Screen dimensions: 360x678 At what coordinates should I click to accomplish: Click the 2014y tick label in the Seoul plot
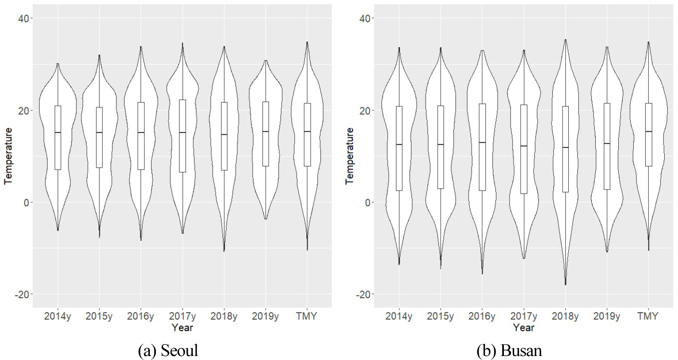[57, 316]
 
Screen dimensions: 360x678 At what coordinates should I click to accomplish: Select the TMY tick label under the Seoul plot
[307, 316]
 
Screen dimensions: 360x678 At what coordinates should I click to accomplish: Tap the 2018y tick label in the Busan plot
[565, 316]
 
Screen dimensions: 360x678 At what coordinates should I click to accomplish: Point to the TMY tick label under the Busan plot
[648, 316]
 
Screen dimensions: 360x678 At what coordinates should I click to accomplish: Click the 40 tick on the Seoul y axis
[22, 18]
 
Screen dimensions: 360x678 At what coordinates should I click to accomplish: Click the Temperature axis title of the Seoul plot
[8, 156]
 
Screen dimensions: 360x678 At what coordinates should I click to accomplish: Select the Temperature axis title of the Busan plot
[350, 156]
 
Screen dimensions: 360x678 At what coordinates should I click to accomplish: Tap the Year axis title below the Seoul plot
[182, 327]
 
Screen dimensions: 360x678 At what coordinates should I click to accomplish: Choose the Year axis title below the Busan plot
[524, 327]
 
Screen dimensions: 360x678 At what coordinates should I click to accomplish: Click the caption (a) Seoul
[168, 350]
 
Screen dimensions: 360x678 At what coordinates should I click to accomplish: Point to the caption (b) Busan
[509, 350]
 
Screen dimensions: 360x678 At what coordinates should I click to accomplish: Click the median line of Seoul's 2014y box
[58, 133]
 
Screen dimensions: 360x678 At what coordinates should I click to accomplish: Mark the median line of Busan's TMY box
[648, 132]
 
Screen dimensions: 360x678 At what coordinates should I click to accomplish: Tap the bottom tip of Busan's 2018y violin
[565, 284]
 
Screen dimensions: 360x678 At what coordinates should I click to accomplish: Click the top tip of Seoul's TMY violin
[307, 43]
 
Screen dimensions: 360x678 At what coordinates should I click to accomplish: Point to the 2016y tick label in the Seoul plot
[141, 316]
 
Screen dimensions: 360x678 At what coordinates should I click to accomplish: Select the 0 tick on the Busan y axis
[366, 202]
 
